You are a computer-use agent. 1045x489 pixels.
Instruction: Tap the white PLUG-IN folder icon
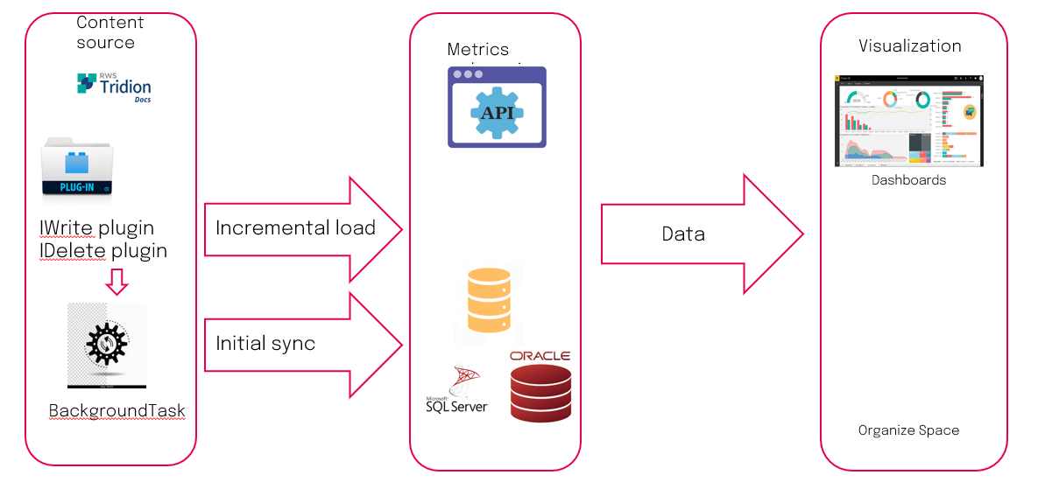point(77,169)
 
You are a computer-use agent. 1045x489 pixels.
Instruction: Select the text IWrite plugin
point(96,228)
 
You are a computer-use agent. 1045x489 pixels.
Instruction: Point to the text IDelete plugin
point(102,251)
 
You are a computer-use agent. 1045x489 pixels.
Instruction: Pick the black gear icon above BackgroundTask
point(107,344)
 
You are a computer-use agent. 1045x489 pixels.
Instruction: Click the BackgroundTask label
point(117,411)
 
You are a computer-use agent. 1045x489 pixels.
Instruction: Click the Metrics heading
point(477,50)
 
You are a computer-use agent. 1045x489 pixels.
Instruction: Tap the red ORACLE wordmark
point(540,356)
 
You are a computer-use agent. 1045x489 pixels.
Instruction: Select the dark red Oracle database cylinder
point(540,395)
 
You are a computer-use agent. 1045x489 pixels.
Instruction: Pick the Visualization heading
point(909,46)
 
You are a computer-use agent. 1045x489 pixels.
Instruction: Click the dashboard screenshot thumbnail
point(909,121)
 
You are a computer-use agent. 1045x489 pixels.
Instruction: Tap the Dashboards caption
point(908,180)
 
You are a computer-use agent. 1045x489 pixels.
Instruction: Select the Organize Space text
point(908,430)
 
